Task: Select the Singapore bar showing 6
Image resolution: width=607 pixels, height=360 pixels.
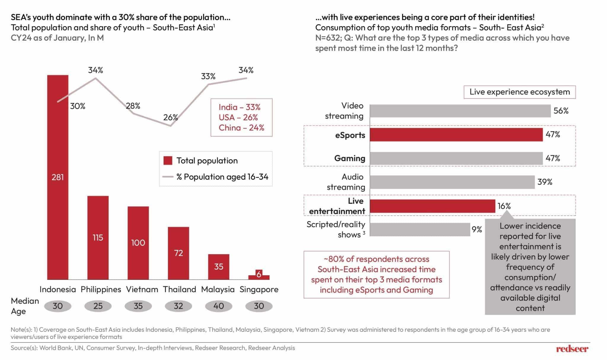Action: point(259,275)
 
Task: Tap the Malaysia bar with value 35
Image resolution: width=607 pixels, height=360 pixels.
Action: point(218,267)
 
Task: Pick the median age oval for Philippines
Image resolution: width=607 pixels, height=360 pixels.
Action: point(98,306)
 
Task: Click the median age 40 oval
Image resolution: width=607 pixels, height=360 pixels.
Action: point(218,306)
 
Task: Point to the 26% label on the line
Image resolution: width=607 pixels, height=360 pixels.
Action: point(170,117)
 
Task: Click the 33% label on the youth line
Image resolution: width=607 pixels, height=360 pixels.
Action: point(208,77)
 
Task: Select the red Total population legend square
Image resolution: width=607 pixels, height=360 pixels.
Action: point(168,161)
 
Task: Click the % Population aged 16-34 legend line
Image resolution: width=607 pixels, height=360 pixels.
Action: point(168,177)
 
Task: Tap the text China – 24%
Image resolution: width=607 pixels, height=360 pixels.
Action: point(241,128)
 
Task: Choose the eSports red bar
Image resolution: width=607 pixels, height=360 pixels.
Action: point(456,135)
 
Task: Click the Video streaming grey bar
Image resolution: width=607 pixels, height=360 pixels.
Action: point(460,111)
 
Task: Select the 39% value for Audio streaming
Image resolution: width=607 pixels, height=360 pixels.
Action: point(545,182)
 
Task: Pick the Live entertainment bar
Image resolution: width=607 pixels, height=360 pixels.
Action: point(432,206)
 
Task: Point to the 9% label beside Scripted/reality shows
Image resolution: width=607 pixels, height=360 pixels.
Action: point(477,230)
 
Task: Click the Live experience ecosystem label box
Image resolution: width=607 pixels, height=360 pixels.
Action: point(519,92)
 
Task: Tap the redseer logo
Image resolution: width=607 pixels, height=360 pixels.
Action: point(572,349)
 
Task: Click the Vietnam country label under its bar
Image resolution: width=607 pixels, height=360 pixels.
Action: point(142,289)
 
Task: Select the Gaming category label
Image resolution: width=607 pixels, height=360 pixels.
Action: point(349,158)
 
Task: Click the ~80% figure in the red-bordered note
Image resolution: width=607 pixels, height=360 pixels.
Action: point(333,259)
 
